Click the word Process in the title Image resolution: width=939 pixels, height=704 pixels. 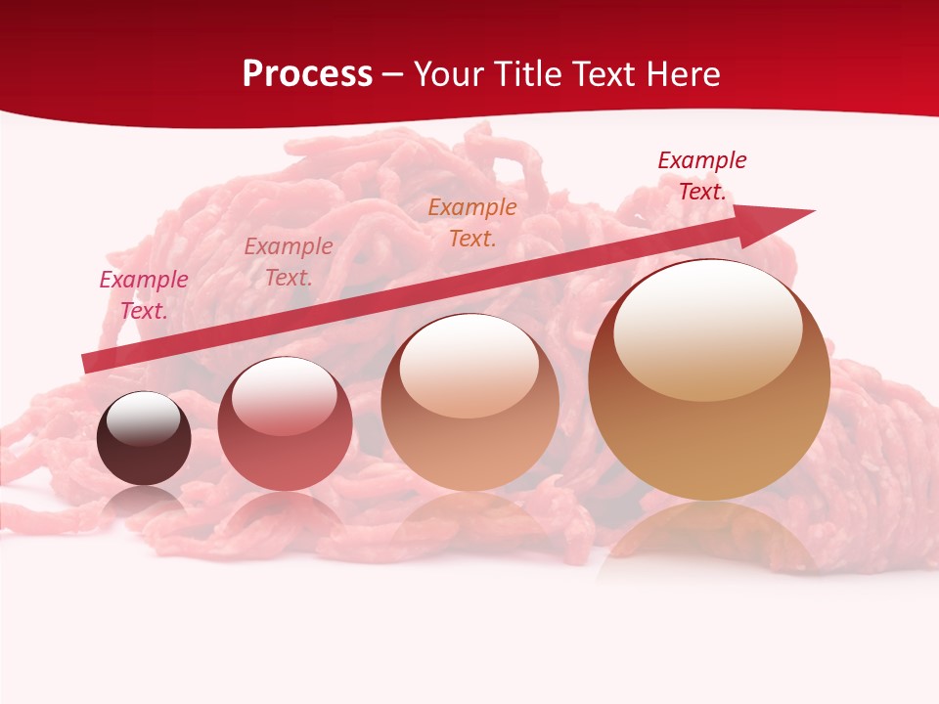click(x=307, y=74)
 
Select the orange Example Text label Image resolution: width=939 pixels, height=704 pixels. click(x=472, y=223)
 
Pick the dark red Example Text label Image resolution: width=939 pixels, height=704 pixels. click(x=702, y=176)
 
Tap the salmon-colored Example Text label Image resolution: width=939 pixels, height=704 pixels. click(x=289, y=262)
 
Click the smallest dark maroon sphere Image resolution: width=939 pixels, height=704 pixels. click(x=144, y=439)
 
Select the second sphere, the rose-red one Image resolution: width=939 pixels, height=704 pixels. click(x=285, y=424)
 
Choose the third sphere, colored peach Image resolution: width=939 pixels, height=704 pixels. click(x=469, y=402)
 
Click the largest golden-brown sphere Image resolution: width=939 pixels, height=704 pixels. click(x=709, y=380)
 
